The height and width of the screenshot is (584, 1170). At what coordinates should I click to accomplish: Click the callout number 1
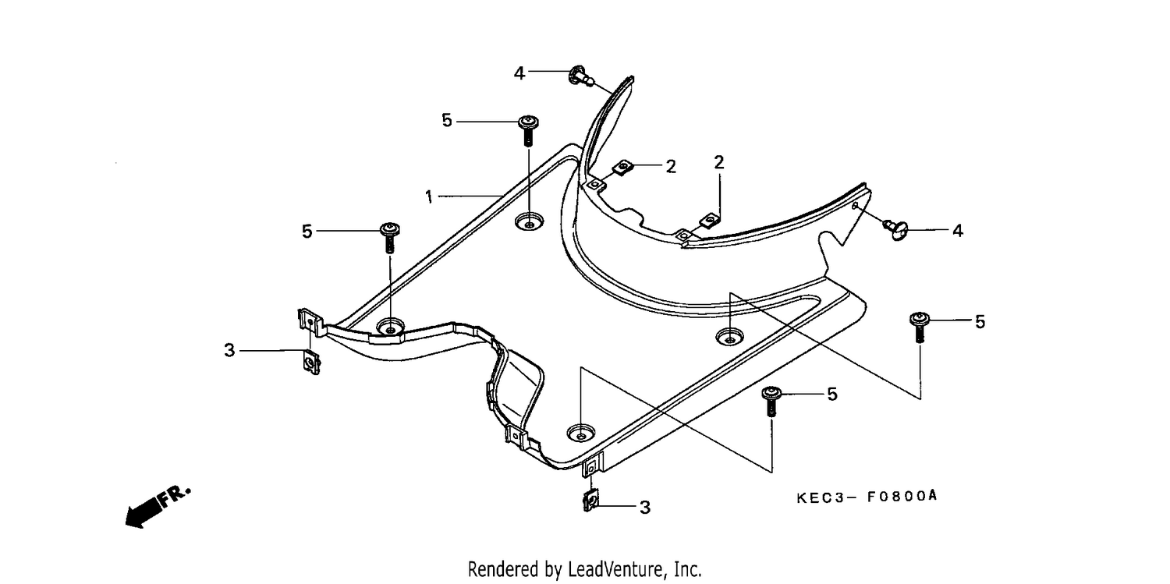429,196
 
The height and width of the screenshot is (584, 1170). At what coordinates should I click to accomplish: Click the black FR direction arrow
142,512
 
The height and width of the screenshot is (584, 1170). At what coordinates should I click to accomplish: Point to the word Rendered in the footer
503,568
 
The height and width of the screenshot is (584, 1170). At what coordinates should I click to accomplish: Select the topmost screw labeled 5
528,131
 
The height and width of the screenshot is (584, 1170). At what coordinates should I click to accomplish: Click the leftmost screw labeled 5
390,238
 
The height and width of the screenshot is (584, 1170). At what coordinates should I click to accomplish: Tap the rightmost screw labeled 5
920,327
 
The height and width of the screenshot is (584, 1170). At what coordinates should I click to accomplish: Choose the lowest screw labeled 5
771,401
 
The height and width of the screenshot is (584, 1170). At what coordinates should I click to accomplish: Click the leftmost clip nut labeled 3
312,363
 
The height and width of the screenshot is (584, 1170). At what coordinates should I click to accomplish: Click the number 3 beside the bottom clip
645,508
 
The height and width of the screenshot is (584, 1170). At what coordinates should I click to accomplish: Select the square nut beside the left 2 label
622,167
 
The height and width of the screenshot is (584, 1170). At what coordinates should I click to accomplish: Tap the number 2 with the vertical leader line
719,162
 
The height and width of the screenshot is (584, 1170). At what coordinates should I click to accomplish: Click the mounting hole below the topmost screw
529,222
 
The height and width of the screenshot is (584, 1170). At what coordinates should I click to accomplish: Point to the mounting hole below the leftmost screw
390,327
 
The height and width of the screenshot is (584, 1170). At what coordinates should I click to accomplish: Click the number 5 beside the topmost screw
447,121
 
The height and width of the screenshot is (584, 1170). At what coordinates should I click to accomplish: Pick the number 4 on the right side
957,231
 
